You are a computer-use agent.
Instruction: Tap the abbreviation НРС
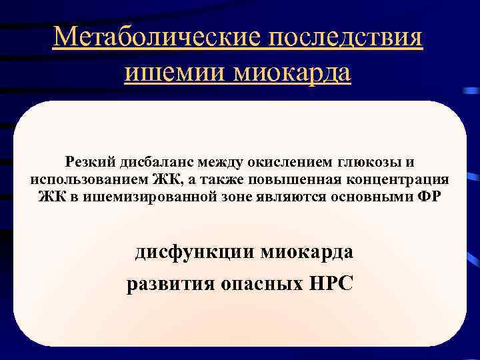click(331, 285)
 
